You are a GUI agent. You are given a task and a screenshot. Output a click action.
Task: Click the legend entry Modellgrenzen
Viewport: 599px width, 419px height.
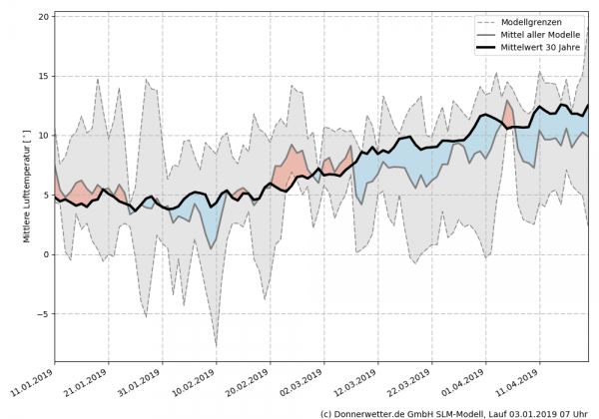[x=530, y=21]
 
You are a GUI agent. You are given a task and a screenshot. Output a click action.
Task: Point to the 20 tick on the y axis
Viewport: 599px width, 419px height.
[x=43, y=17]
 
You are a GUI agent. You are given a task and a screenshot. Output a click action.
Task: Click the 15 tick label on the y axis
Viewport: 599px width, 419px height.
[x=43, y=76]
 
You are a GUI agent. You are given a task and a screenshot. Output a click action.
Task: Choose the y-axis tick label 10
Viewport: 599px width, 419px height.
[x=43, y=136]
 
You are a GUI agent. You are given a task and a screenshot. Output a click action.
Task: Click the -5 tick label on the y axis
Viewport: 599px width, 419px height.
[x=43, y=314]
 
